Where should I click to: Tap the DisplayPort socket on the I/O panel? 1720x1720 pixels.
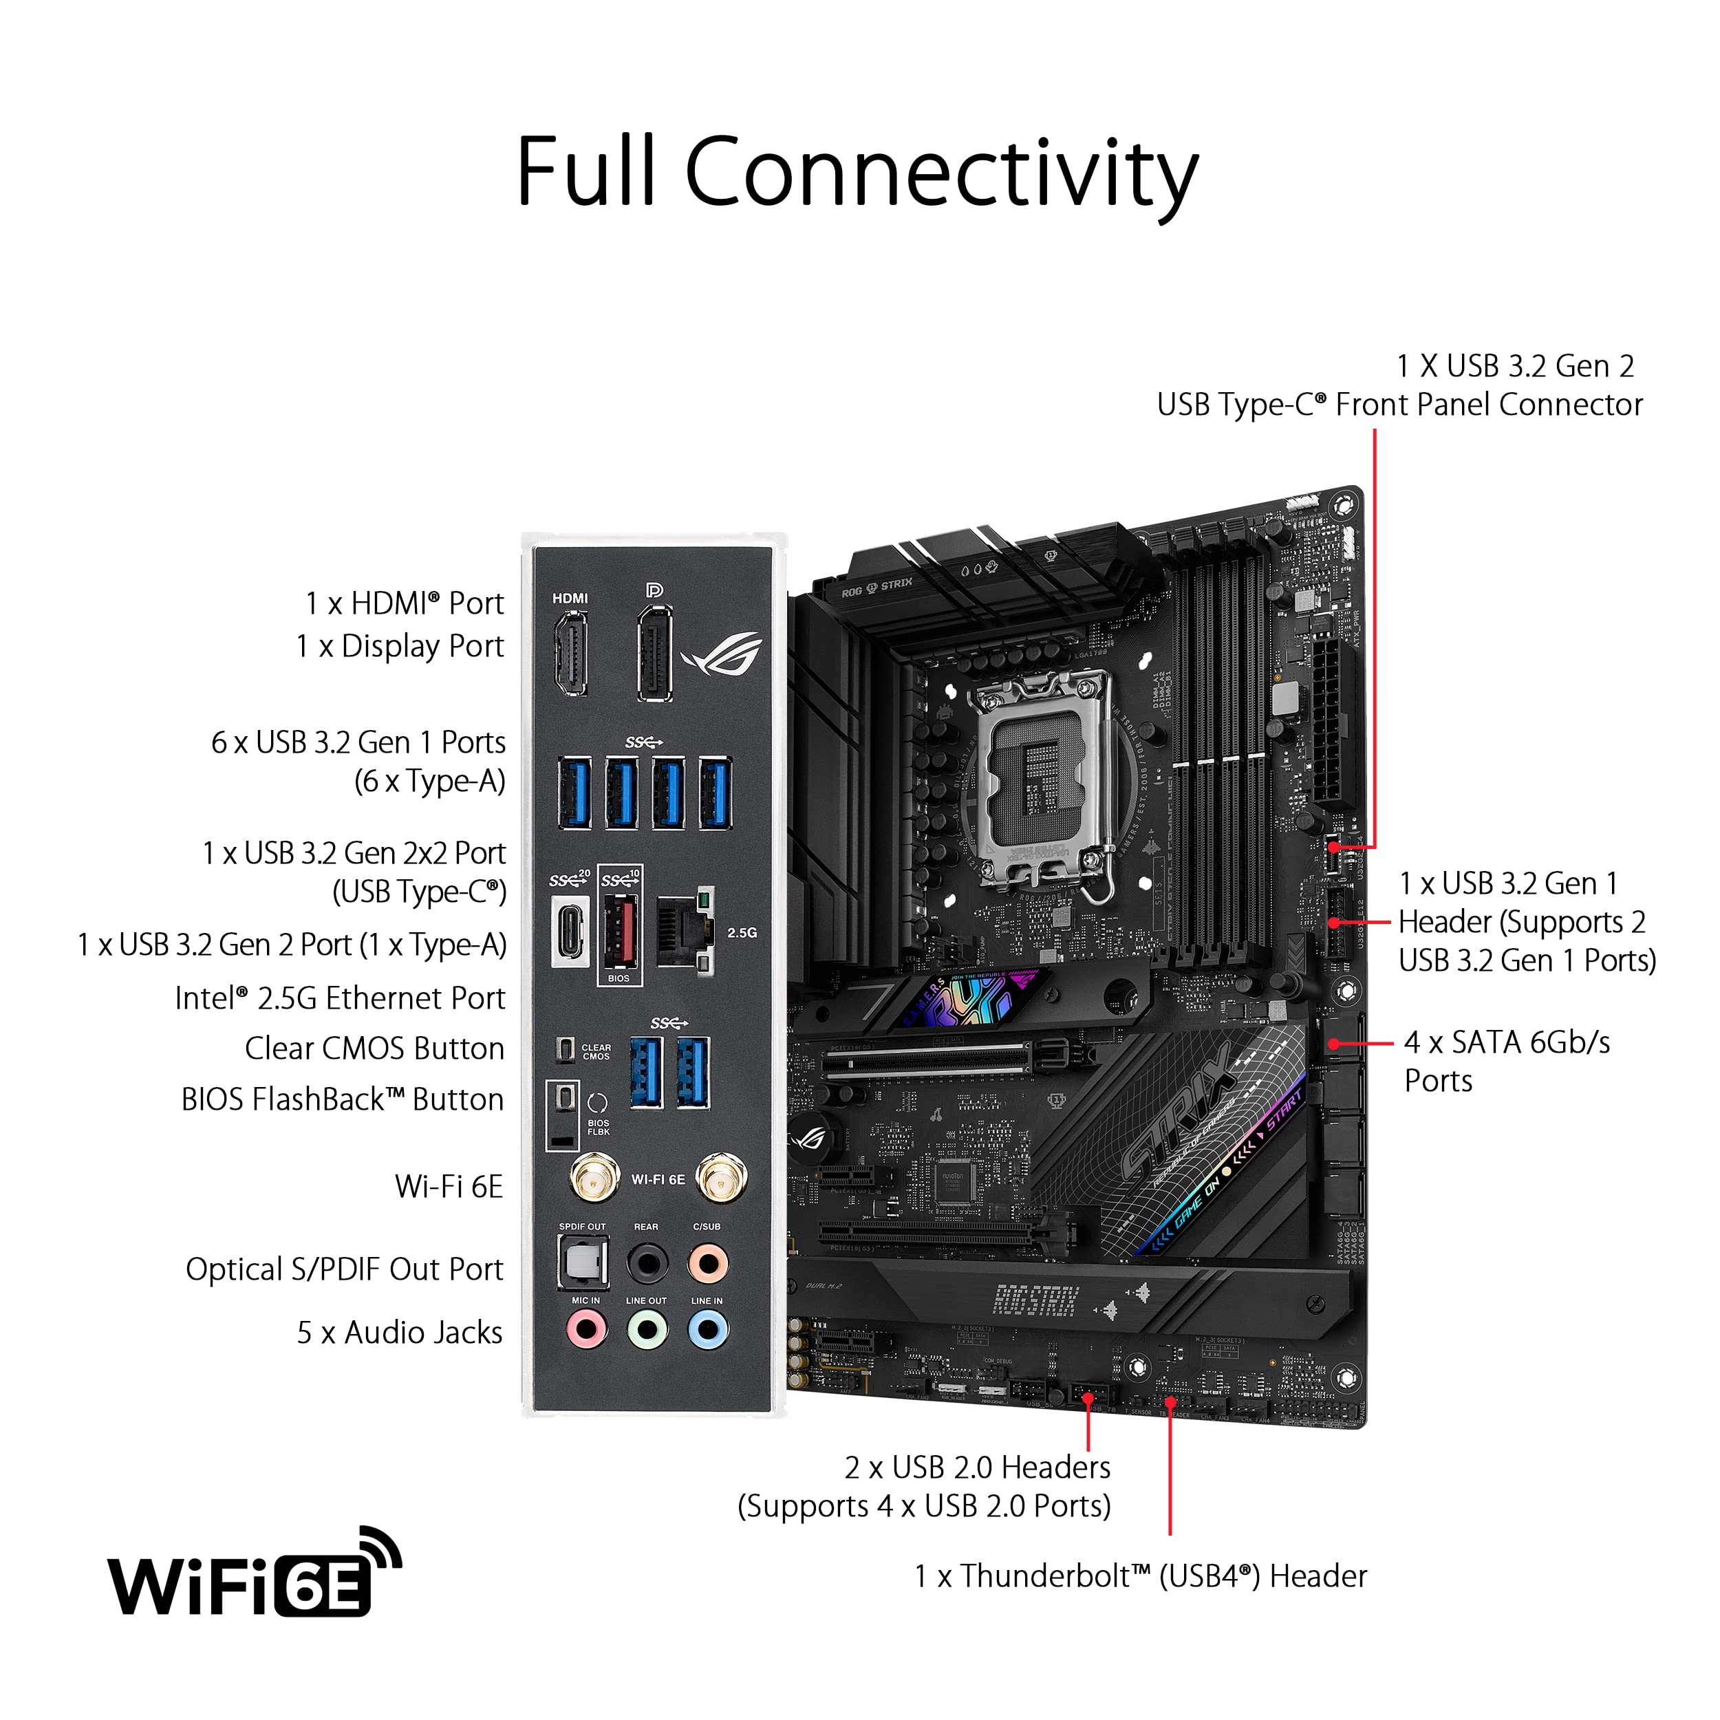654,654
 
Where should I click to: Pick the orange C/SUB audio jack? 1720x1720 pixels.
708,1262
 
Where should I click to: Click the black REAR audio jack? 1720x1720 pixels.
647,1262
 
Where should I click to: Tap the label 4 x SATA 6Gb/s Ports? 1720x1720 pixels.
1506,1061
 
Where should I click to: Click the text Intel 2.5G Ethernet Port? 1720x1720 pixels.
339,998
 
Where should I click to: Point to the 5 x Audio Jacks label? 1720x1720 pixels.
399,1333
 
